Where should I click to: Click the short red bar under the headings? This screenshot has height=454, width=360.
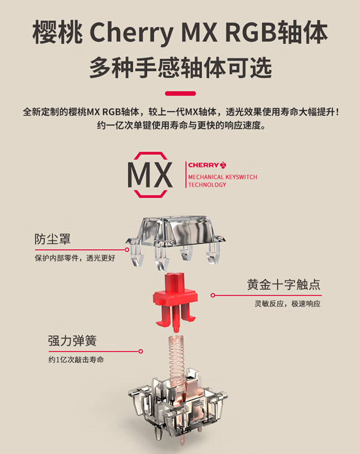(x=180, y=93)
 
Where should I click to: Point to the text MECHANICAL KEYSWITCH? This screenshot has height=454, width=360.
(x=223, y=177)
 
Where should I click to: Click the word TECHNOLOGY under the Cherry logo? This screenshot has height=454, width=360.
(x=207, y=185)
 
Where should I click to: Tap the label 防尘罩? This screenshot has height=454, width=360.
(x=52, y=239)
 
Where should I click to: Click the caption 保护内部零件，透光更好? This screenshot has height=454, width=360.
(x=75, y=258)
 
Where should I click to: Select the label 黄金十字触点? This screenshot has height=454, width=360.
(x=284, y=285)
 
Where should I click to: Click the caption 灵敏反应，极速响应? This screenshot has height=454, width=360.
(x=287, y=304)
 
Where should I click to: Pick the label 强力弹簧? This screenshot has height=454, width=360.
(x=72, y=340)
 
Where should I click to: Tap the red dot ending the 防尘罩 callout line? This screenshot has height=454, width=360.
(x=128, y=250)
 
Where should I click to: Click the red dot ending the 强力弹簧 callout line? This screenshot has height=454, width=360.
(x=141, y=351)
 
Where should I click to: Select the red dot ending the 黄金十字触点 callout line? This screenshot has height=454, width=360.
(x=212, y=295)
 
